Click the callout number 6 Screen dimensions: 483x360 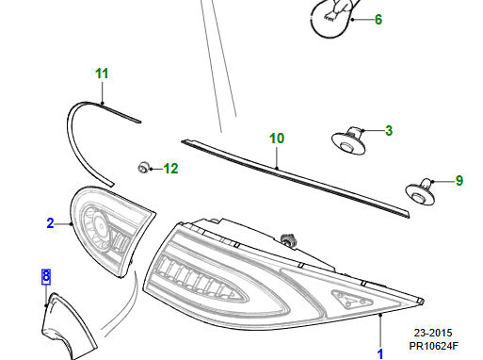378,20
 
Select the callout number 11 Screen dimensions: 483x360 102,74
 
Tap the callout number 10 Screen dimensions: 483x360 277,139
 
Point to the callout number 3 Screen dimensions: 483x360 389,131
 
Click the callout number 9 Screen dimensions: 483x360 459,181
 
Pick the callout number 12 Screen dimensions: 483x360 170,169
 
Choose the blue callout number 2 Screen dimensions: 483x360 50,223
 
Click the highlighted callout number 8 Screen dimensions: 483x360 46,276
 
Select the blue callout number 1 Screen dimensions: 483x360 380,354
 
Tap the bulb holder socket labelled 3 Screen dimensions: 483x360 348,140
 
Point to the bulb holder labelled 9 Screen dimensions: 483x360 421,191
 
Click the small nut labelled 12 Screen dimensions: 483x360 143,167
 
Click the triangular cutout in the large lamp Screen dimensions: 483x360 352,299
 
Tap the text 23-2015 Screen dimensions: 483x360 433,333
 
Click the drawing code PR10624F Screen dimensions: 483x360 433,346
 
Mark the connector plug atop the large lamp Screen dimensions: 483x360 288,239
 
